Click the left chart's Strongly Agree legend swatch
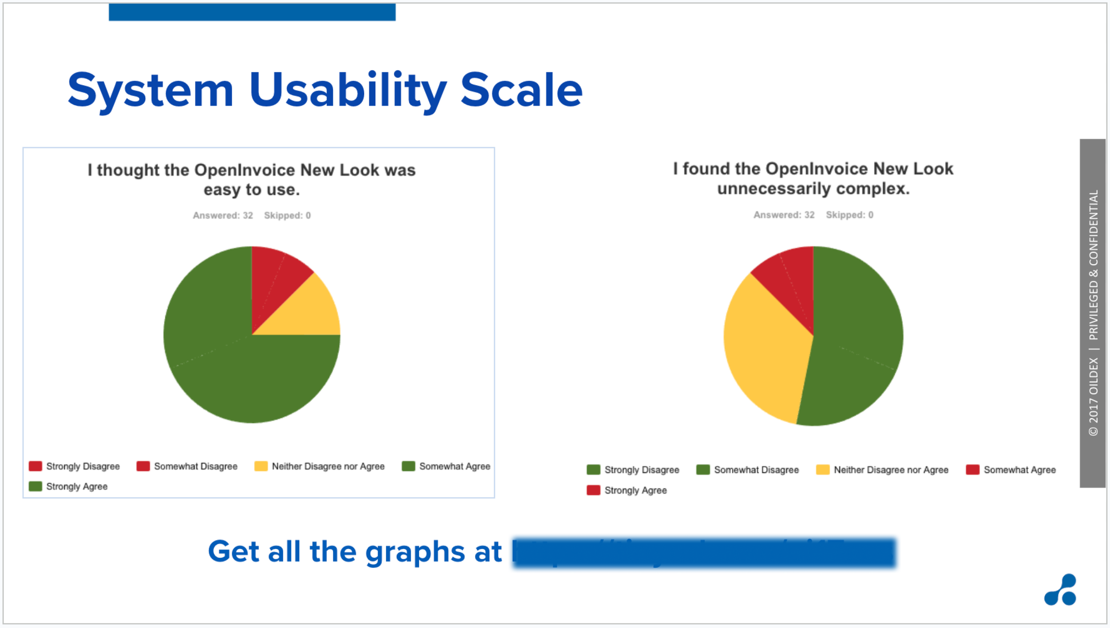point(35,486)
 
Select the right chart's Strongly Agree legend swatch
point(593,490)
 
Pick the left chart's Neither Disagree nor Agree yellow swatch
point(261,466)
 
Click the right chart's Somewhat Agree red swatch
point(972,470)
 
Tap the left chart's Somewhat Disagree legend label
point(195,466)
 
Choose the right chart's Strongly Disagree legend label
point(642,470)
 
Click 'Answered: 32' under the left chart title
point(222,215)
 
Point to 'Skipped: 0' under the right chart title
point(849,215)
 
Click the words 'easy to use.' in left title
point(252,190)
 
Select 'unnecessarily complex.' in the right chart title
point(813,189)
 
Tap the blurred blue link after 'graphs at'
point(704,553)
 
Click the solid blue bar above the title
point(252,12)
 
